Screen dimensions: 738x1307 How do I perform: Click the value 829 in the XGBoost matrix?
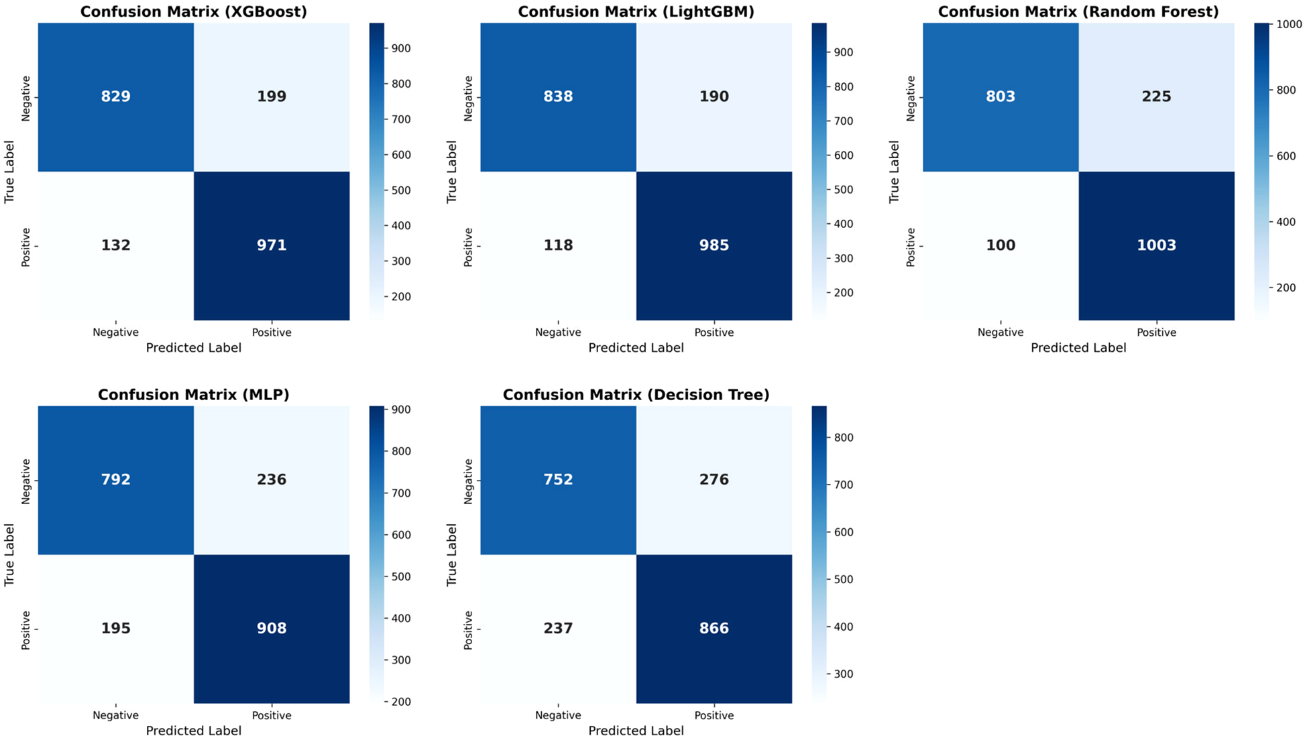pos(115,97)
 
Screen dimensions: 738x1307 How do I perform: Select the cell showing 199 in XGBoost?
pos(272,97)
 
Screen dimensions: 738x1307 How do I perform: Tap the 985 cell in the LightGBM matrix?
pos(714,245)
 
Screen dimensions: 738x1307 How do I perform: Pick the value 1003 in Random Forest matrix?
pos(1156,245)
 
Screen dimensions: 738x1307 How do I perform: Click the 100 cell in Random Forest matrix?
pos(1001,245)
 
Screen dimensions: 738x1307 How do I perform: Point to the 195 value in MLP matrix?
pos(115,628)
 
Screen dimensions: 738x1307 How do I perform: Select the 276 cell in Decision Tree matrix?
pos(714,479)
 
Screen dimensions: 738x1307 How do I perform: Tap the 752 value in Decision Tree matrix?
pos(558,479)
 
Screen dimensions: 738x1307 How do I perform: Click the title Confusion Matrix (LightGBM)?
pos(636,12)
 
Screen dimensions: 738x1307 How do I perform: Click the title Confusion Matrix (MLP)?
pos(193,395)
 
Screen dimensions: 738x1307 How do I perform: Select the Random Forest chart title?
pos(1078,12)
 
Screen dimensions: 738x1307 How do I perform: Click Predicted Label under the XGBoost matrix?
pos(193,348)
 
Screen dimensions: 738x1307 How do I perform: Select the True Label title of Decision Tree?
pos(452,555)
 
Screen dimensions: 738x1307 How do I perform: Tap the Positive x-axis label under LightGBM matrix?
pos(714,332)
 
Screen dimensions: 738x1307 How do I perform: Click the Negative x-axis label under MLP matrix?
pos(115,715)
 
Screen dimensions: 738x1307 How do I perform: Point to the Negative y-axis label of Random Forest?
pos(911,98)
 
